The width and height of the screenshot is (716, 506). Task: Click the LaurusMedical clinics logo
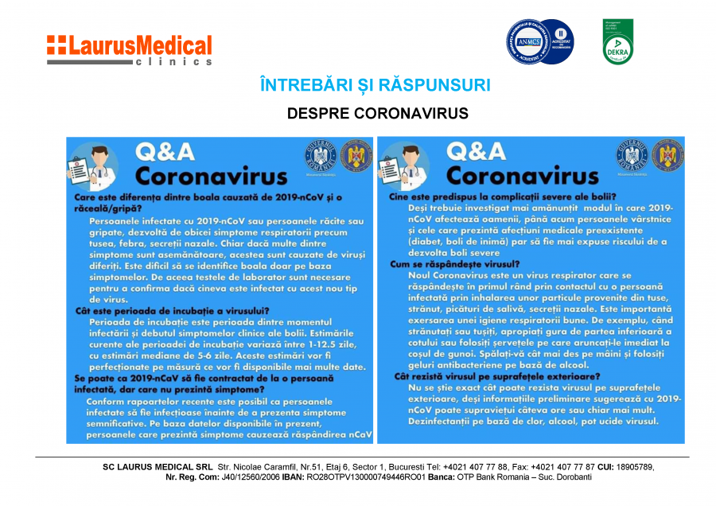coord(129,49)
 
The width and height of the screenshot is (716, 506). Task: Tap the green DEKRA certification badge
coord(617,41)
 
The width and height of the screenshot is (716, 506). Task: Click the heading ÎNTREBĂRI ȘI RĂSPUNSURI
coord(376,85)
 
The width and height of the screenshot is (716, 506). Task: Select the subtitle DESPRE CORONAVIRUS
coord(377,114)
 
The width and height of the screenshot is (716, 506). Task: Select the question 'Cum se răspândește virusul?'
coord(454,263)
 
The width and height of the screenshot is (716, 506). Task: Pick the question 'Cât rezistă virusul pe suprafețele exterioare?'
coord(485,376)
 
